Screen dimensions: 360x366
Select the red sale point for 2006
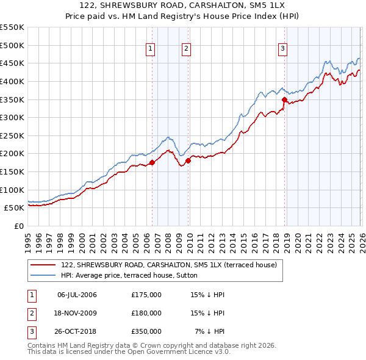[x=152, y=162]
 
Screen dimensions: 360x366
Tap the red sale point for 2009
[x=188, y=160]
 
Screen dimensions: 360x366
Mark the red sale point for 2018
[x=284, y=99]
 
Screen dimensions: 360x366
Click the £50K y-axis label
[x=14, y=207]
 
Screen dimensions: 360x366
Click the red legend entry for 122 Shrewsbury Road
[x=169, y=265]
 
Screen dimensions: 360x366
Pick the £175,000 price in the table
[x=146, y=295]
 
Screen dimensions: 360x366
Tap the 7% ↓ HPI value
[x=210, y=331]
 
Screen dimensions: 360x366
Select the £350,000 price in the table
[x=146, y=331]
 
